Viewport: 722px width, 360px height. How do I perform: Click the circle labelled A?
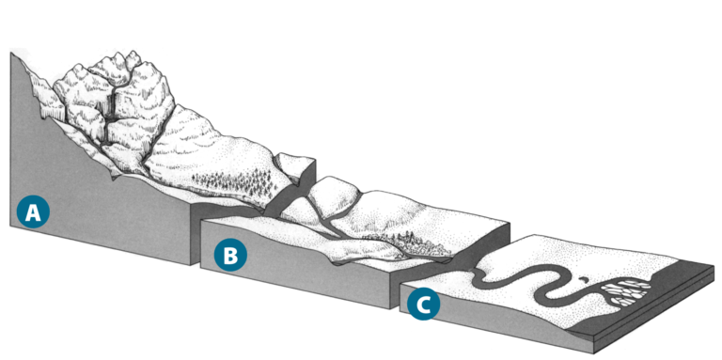tap(33, 212)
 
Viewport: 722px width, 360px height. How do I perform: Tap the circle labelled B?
tap(230, 254)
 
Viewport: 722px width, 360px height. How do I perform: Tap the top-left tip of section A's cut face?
tap(11, 55)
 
